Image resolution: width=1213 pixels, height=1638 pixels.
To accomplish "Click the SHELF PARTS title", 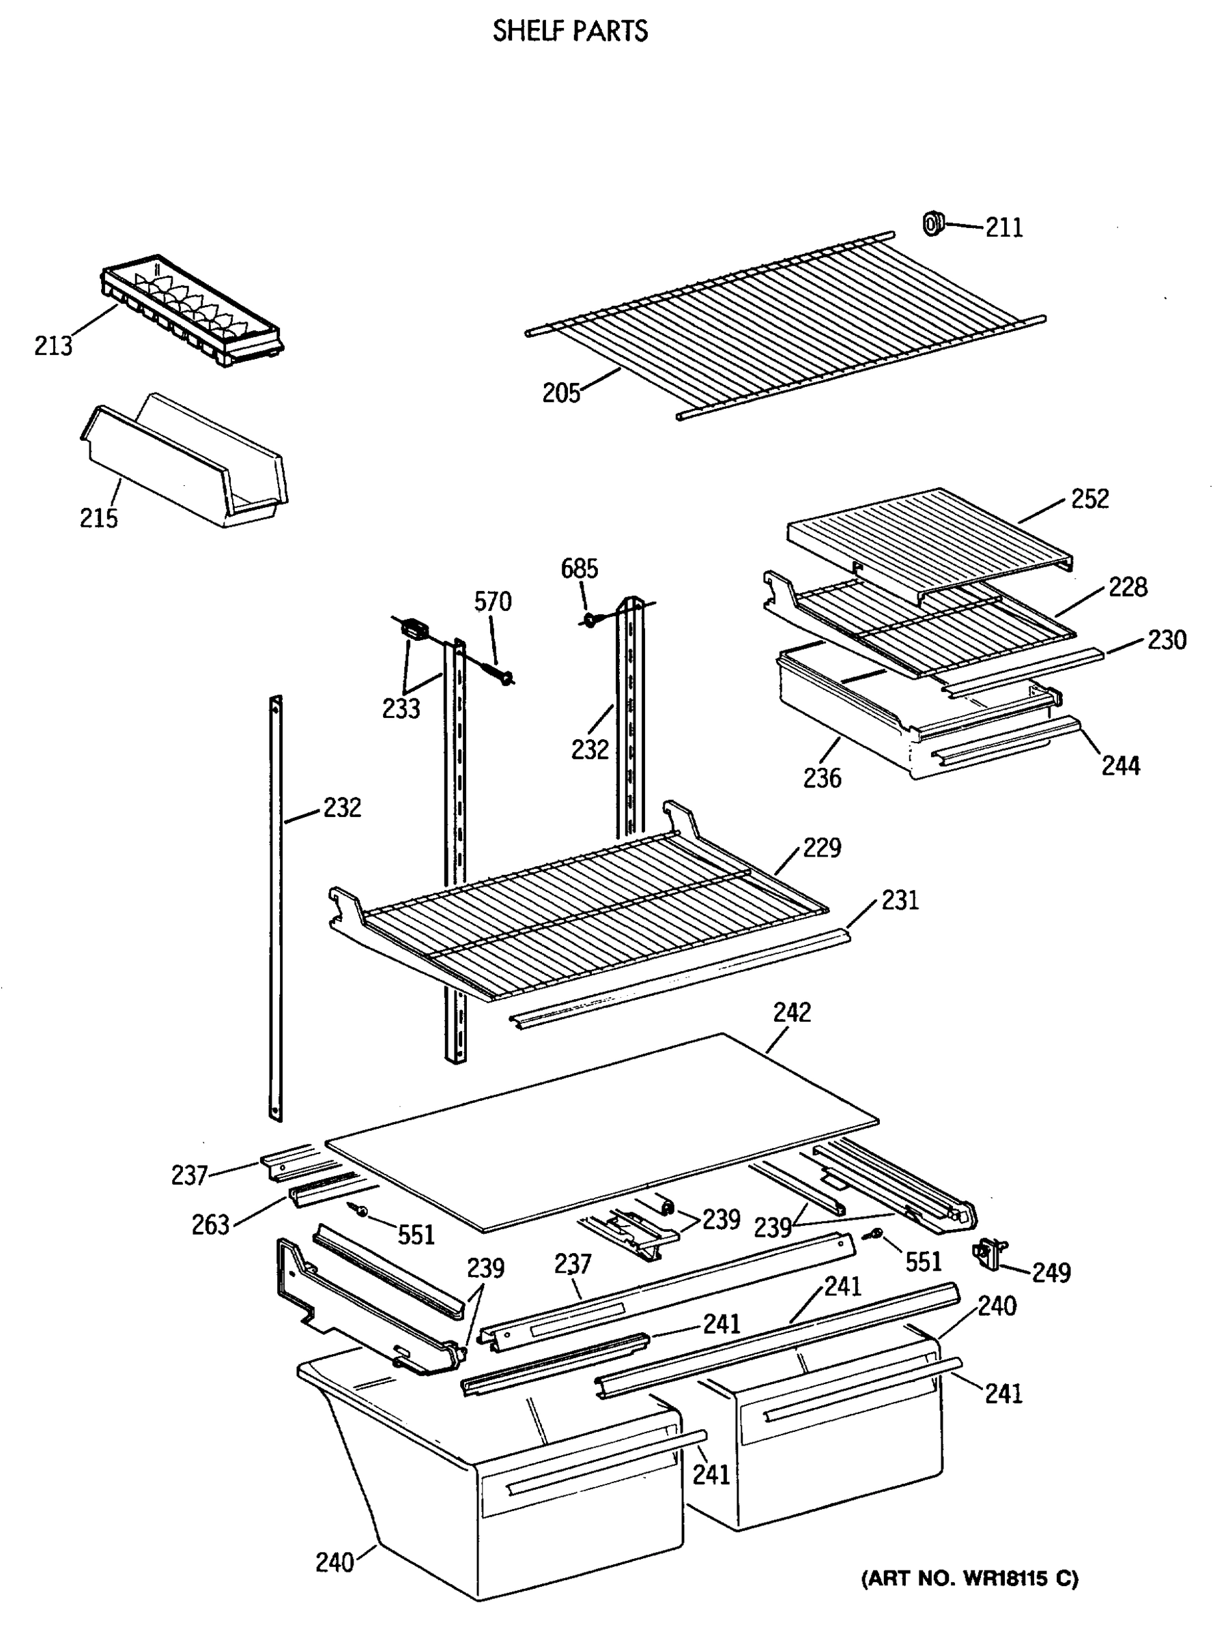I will pos(570,31).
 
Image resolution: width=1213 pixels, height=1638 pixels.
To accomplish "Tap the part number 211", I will pos(1003,227).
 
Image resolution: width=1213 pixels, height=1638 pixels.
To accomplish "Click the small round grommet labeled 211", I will pos(932,222).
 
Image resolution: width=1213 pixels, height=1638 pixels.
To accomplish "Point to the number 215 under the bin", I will pos(98,518).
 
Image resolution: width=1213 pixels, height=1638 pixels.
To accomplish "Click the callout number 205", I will pos(561,394).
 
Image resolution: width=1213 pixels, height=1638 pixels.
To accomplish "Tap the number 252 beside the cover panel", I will pos(1089,500).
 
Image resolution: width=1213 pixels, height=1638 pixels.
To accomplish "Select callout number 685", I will pos(579,569).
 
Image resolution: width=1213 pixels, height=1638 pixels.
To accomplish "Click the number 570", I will pos(492,602).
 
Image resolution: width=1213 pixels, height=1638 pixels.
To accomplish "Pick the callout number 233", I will pos(401,708).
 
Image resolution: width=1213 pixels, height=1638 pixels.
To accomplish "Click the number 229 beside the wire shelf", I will pos(822,848).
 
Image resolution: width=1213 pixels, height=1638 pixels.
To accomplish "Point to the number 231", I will pos(900,900).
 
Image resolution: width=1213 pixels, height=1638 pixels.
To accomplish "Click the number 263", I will pos(211,1224).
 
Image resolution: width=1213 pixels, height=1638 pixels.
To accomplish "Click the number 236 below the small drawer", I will pos(822,778).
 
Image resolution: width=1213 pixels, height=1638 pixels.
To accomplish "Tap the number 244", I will pos(1120,766).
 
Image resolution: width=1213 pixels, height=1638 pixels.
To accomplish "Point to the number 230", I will pos(1167,640).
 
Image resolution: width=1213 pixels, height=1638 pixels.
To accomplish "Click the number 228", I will pos(1128,588).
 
